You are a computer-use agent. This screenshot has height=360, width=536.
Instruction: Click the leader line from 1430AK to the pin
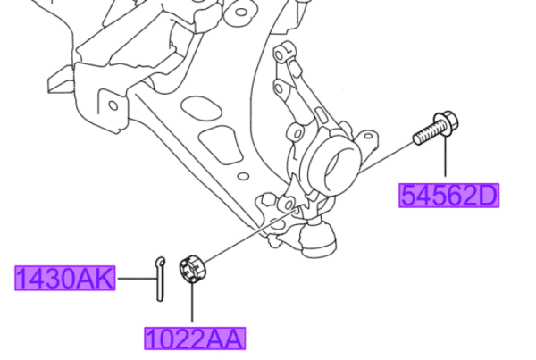pyautogui.click(x=134, y=279)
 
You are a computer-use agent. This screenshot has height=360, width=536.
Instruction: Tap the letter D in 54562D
pyautogui.click(x=488, y=195)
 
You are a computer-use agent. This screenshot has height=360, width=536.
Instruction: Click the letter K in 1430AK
pyautogui.click(x=105, y=279)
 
